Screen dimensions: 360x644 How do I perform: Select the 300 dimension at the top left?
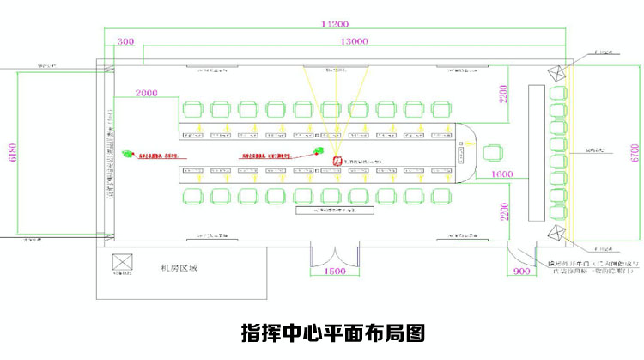click(125, 41)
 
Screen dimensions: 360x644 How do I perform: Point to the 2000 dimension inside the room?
click(147, 92)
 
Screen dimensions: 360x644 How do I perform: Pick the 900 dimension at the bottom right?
click(521, 271)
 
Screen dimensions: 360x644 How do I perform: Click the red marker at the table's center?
click(337, 161)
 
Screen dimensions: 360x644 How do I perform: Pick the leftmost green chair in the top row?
click(192, 110)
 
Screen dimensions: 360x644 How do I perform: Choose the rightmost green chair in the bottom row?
click(440, 195)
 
